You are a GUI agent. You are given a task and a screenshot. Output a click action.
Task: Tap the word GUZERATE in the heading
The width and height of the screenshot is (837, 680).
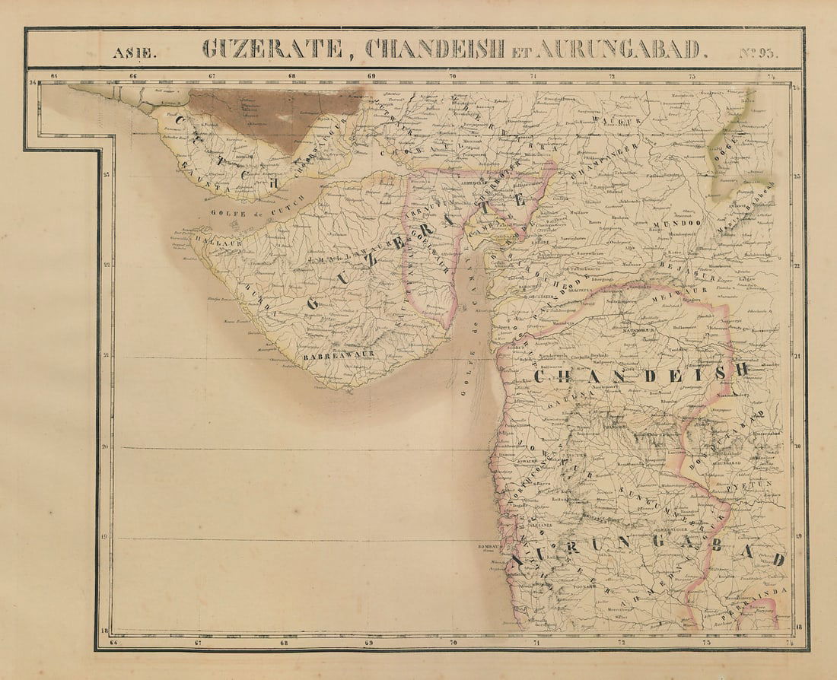click(272, 49)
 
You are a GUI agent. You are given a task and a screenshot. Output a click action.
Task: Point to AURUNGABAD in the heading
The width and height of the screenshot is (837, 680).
click(620, 49)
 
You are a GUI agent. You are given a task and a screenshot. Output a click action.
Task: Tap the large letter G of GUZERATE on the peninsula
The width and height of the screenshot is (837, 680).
click(313, 302)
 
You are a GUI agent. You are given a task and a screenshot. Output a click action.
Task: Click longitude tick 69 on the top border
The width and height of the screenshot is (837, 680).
click(371, 76)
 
